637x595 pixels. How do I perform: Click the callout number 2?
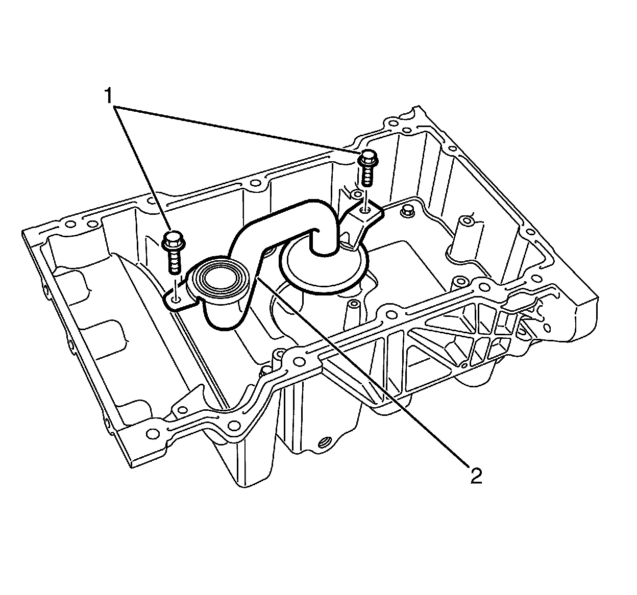coord(476,475)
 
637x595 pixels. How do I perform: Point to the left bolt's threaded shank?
coord(175,263)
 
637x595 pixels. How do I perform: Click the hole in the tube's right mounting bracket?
coord(366,209)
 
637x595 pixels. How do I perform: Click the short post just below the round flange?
coord(351,313)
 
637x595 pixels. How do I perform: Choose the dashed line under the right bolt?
coord(367,197)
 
